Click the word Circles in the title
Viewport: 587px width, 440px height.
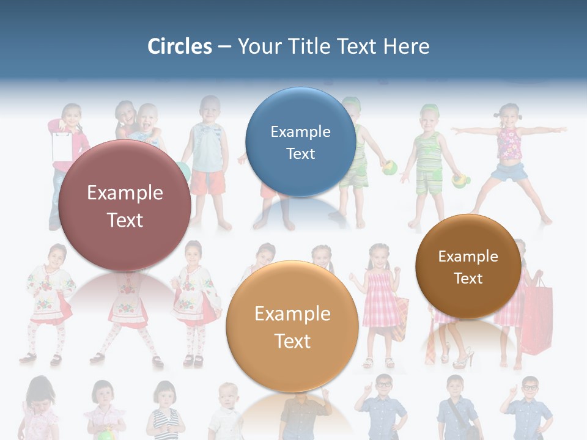tap(179, 46)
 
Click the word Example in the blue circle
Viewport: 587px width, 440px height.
tap(300, 131)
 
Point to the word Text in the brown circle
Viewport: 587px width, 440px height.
tap(468, 279)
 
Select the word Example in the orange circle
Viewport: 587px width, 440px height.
tap(292, 314)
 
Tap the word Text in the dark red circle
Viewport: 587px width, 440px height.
tap(125, 220)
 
